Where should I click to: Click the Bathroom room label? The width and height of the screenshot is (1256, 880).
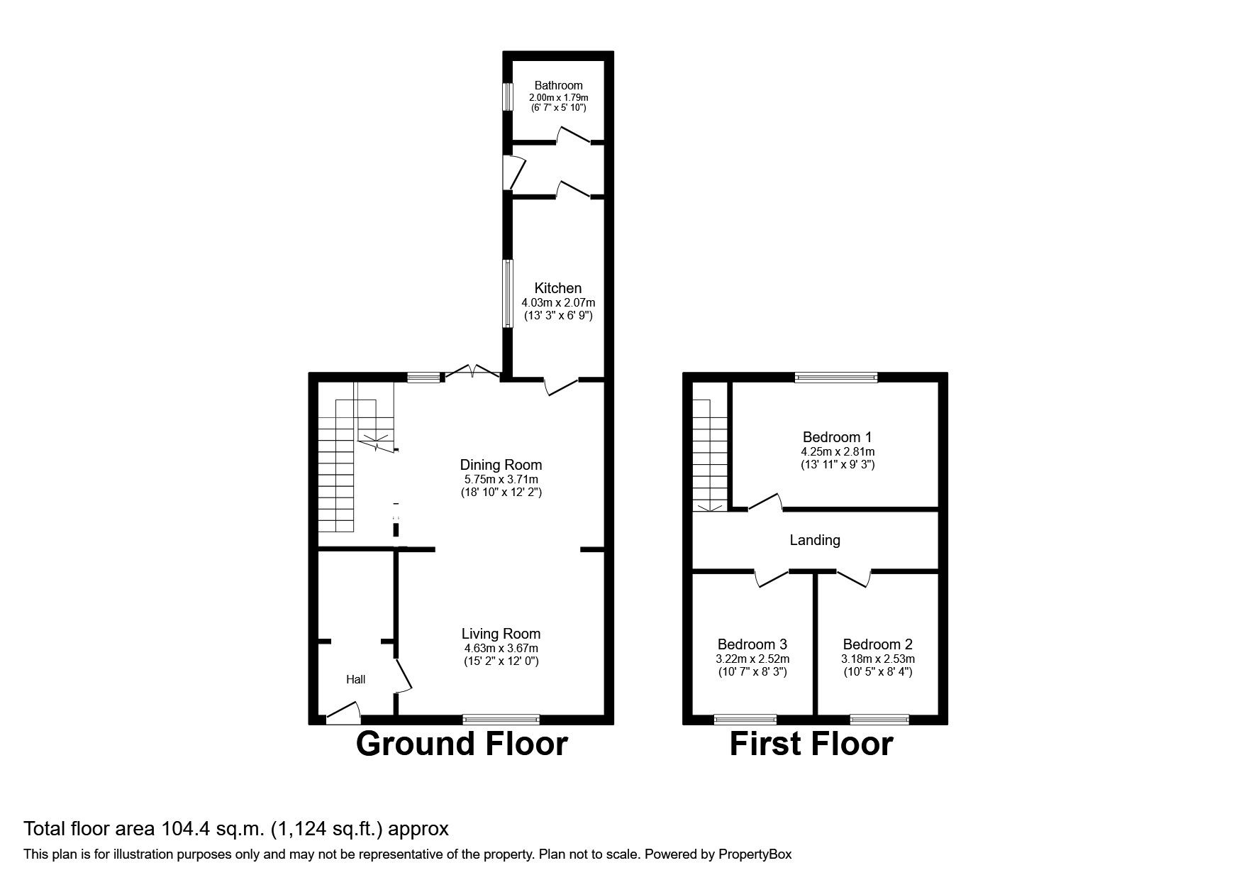pyautogui.click(x=558, y=85)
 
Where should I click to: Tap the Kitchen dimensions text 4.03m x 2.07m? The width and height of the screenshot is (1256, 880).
pyautogui.click(x=558, y=302)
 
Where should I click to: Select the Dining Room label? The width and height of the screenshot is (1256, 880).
pyautogui.click(x=501, y=465)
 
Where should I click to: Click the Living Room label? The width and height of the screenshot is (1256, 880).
pyautogui.click(x=501, y=634)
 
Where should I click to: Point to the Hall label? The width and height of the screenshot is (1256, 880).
pyautogui.click(x=355, y=680)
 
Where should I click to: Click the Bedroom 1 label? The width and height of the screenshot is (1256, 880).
pyautogui.click(x=837, y=437)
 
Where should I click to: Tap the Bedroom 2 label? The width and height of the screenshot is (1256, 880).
pyautogui.click(x=877, y=644)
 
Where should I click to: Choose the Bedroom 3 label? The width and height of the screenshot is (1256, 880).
pyautogui.click(x=752, y=644)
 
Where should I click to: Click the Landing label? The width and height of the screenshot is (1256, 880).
pyautogui.click(x=815, y=540)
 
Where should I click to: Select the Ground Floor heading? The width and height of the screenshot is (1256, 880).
pyautogui.click(x=461, y=744)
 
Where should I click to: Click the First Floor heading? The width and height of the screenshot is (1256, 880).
pyautogui.click(x=811, y=744)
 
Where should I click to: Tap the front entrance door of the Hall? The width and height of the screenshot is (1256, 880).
pyautogui.click(x=343, y=713)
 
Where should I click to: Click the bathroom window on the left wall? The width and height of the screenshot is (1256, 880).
pyautogui.click(x=508, y=97)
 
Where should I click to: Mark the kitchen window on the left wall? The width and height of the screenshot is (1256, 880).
pyautogui.click(x=508, y=293)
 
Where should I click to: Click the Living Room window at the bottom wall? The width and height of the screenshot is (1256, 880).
pyautogui.click(x=501, y=720)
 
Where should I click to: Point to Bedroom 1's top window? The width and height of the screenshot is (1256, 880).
pyautogui.click(x=836, y=378)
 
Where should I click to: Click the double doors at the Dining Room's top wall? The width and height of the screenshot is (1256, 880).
pyautogui.click(x=472, y=373)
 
